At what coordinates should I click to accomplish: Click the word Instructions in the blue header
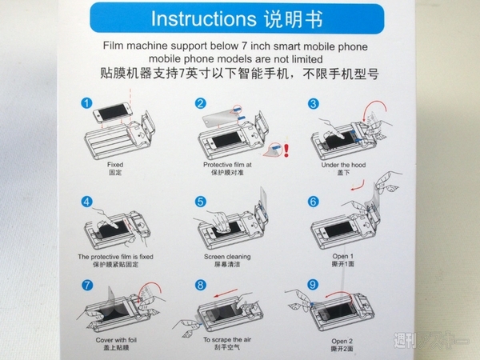coord(203,18)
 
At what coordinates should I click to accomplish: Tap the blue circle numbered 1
coord(86,103)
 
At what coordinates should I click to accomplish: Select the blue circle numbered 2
coord(200,103)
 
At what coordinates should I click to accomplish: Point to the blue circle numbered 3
coord(313,103)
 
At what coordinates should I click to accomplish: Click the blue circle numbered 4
coord(87,202)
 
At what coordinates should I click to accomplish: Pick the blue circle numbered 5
coord(200,202)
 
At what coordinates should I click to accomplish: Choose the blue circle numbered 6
coord(313,202)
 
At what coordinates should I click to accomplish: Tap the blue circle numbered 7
coord(87,285)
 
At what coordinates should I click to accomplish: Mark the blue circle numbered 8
coord(200,285)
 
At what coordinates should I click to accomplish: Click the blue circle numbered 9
coord(313,285)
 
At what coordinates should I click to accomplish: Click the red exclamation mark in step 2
coord(286,150)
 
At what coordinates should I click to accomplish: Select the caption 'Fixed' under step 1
coord(115,165)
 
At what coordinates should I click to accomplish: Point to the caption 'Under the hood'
coord(343,165)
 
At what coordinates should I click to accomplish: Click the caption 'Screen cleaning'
coord(227,257)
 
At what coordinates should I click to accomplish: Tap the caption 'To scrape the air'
coord(227,339)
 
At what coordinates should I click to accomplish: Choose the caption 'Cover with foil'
coord(116,340)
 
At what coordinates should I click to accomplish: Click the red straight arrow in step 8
coord(226,293)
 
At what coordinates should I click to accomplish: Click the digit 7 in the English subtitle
coord(244,46)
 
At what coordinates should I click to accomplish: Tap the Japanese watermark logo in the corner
coord(430,340)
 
